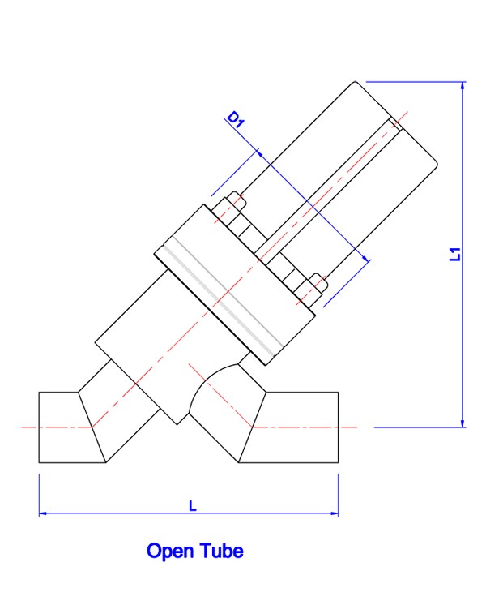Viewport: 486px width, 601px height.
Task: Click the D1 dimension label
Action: click(x=236, y=118)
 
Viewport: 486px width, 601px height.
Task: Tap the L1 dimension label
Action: click(x=454, y=254)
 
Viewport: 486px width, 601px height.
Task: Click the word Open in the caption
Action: click(x=170, y=552)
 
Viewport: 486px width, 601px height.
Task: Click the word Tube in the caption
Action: click(x=222, y=551)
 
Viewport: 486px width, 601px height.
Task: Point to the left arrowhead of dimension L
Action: click(x=43, y=513)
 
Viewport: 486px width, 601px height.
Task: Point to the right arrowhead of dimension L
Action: click(x=334, y=513)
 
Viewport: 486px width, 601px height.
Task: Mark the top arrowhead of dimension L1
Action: click(x=463, y=86)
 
